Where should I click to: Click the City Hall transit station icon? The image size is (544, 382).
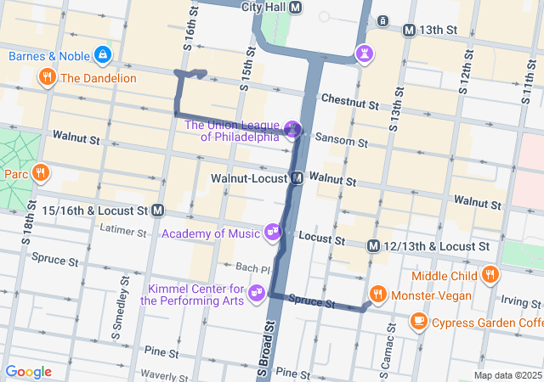point(296,8)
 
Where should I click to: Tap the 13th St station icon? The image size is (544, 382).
point(409,30)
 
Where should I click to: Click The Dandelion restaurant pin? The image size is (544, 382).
point(47,77)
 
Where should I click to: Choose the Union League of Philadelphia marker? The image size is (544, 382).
point(292,129)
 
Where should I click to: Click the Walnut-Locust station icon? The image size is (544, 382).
point(297,178)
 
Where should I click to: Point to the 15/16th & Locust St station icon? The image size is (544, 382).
point(159,209)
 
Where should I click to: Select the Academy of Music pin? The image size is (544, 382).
point(273,231)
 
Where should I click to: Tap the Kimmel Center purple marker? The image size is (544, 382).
point(256,293)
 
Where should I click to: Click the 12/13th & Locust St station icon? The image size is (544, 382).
point(373,246)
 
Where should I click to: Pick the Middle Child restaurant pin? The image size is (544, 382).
point(490,275)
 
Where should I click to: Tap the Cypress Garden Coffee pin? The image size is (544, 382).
point(418,321)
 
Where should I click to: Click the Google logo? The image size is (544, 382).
point(28,372)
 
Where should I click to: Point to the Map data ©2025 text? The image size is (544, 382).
point(507,375)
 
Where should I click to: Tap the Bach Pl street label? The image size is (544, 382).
point(252,268)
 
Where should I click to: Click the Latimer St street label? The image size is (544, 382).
point(124,229)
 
